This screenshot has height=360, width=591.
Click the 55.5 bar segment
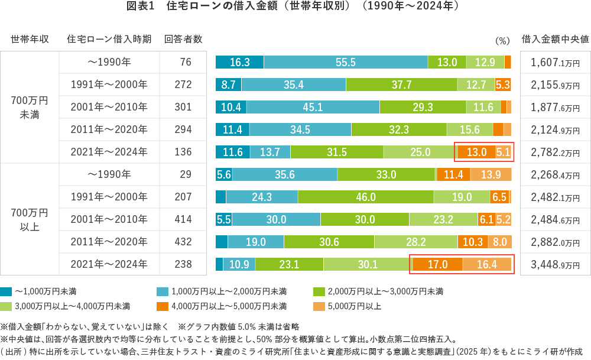click(x=346, y=62)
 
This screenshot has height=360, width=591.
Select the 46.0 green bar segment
click(x=366, y=197)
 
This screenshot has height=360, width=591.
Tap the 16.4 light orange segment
click(x=487, y=264)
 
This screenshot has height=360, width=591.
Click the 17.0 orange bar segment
click(x=437, y=264)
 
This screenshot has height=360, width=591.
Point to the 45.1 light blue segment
click(x=313, y=107)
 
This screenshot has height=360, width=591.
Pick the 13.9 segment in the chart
click(x=491, y=174)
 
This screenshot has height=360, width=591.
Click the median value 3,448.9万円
click(x=555, y=264)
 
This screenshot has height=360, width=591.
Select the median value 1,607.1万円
click(x=555, y=62)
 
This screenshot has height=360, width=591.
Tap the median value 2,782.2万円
click(x=555, y=152)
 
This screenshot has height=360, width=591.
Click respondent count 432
click(x=183, y=242)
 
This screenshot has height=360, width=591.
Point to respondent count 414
click(x=183, y=219)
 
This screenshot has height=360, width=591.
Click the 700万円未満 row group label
click(x=30, y=107)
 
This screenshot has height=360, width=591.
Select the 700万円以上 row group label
click(x=30, y=219)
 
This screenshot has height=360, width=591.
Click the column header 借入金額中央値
click(x=555, y=40)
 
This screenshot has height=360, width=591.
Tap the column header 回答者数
click(x=183, y=40)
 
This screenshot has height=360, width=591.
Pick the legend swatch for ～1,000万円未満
click(x=7, y=291)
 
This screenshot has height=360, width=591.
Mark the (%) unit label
click(x=502, y=41)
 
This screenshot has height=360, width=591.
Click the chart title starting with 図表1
click(x=295, y=8)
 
